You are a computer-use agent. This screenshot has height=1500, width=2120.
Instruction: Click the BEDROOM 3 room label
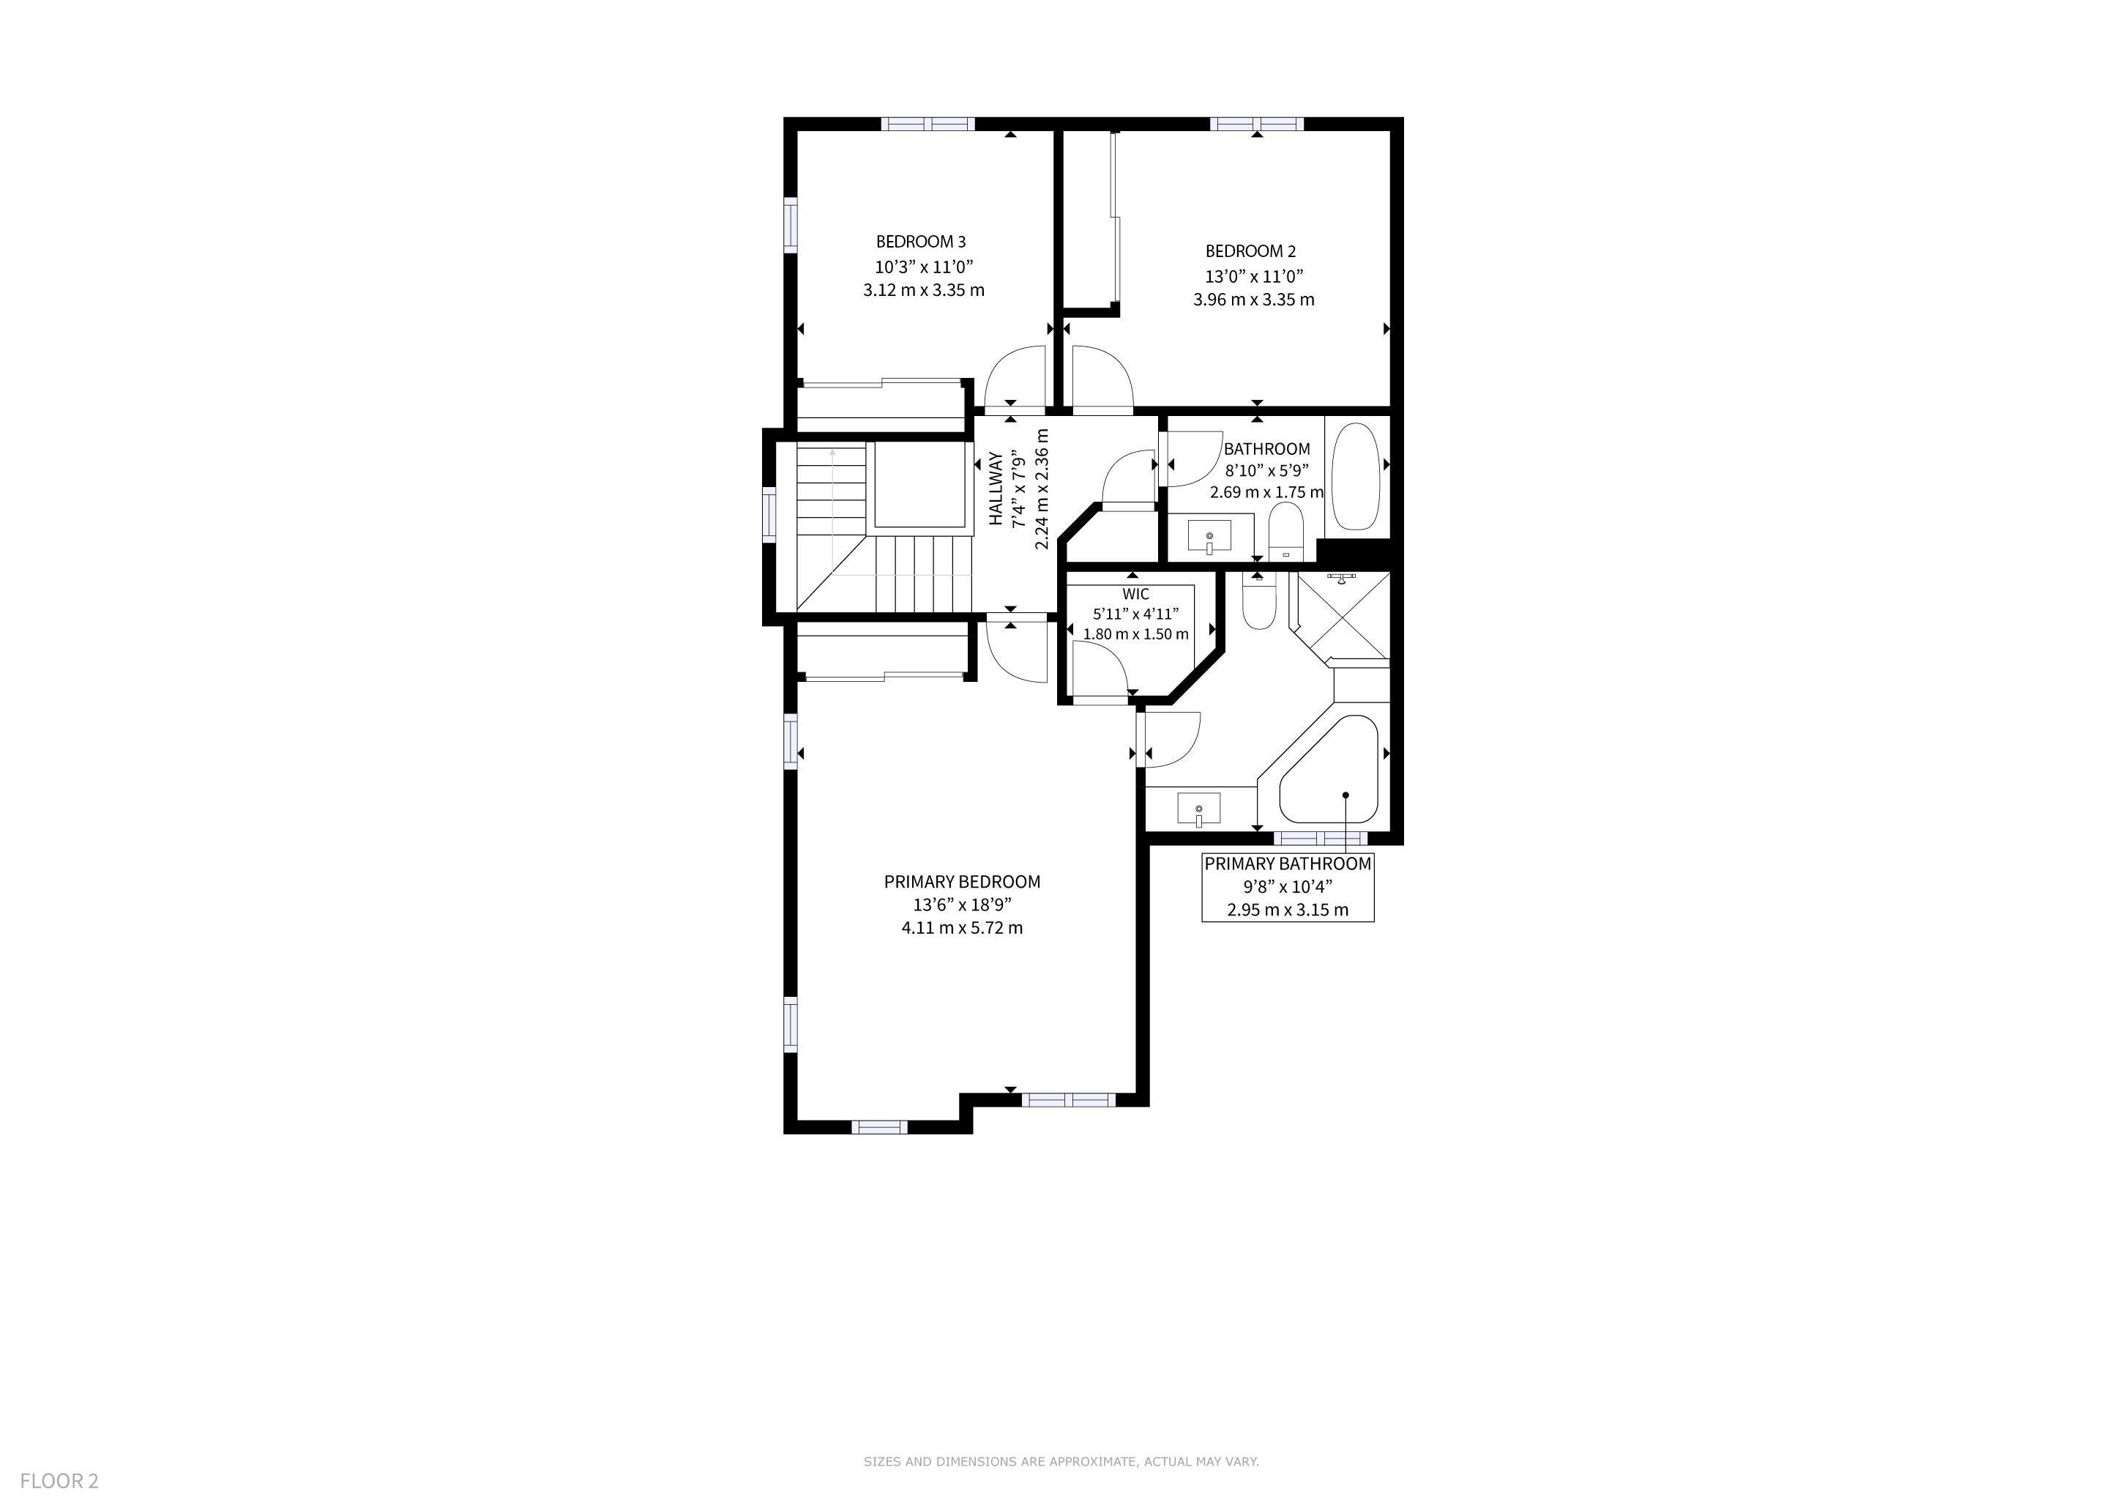(x=921, y=242)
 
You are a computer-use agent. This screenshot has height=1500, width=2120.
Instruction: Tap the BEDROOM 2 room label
(x=1251, y=251)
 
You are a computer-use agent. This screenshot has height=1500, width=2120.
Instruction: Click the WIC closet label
(x=1135, y=594)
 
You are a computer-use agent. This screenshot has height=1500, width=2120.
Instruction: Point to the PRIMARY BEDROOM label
(x=962, y=882)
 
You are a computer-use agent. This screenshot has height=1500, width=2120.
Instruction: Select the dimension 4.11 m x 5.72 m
(x=962, y=927)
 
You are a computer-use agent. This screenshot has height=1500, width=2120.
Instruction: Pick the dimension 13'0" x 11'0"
(x=1254, y=276)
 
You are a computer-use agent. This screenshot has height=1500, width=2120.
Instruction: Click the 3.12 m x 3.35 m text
(x=923, y=290)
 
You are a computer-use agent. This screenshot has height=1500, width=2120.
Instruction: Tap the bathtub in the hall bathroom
(x=1356, y=477)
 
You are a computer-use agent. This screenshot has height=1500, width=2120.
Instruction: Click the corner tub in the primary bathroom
(x=1329, y=768)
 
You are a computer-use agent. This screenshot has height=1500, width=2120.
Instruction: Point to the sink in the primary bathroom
(x=1198, y=810)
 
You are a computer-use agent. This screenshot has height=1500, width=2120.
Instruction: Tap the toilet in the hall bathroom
(x=1285, y=532)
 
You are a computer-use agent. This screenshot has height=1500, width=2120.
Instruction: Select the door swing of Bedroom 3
(x=1015, y=376)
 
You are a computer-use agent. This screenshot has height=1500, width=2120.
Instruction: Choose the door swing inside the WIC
(x=1100, y=669)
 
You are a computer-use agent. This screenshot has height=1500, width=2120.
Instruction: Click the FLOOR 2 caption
(x=59, y=1481)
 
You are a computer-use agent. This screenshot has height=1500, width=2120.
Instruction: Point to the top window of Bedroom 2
(x=1257, y=124)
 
